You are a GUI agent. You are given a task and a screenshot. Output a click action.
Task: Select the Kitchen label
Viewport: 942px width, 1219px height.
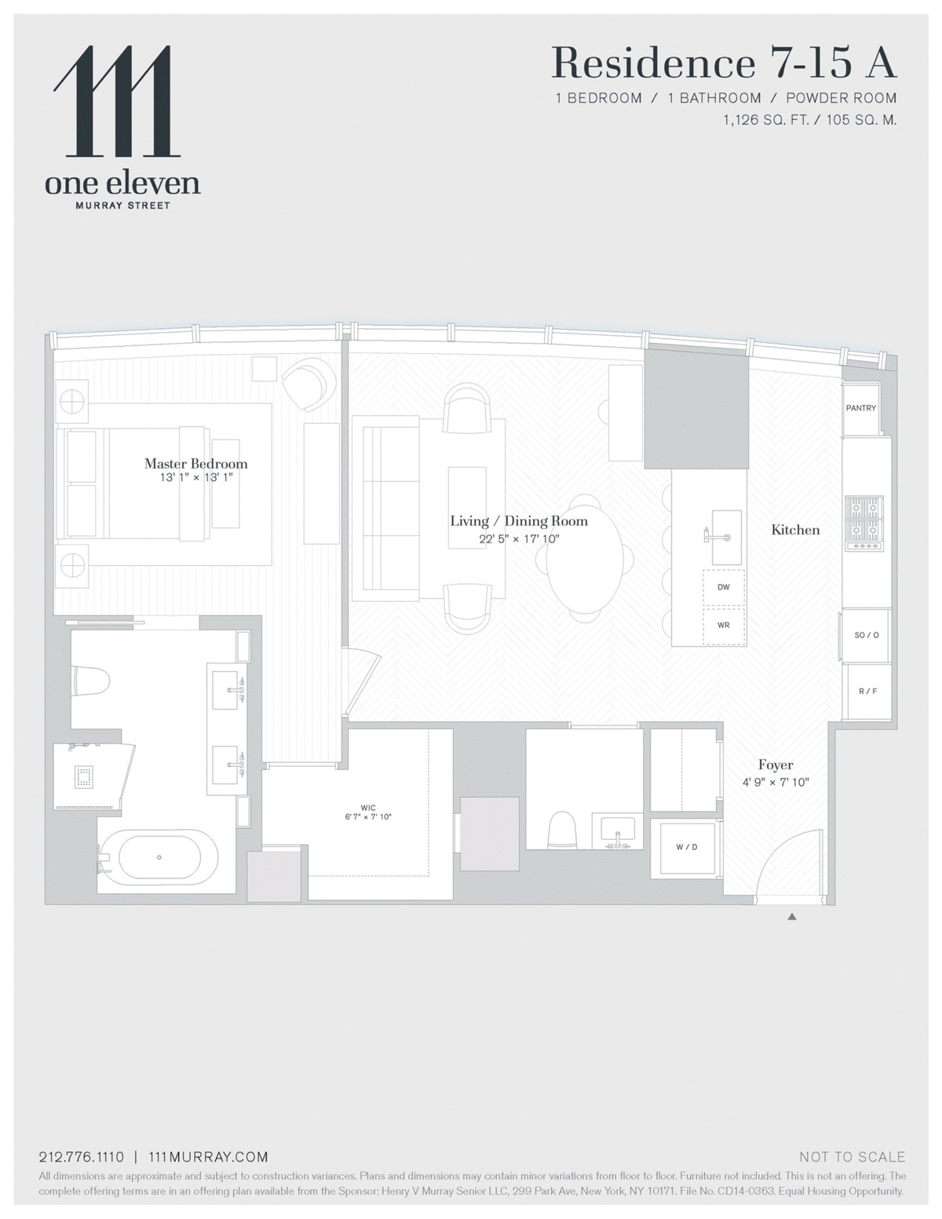(795, 530)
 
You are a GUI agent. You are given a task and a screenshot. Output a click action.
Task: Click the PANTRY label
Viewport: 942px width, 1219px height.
(860, 408)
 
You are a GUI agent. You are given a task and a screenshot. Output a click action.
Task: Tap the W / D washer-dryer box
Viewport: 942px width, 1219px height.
(686, 848)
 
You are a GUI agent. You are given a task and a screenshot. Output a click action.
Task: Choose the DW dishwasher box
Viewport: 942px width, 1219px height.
(723, 587)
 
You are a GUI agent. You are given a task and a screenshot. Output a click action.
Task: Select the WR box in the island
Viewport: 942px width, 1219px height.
(723, 625)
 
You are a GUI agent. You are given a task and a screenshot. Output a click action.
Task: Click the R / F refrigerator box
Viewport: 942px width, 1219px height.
(867, 691)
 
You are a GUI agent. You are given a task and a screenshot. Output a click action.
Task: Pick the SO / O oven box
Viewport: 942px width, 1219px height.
(866, 635)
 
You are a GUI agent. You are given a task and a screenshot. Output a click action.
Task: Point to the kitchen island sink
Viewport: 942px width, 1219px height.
(727, 537)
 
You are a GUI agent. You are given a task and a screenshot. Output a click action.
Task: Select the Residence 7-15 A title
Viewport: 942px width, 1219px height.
(725, 63)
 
